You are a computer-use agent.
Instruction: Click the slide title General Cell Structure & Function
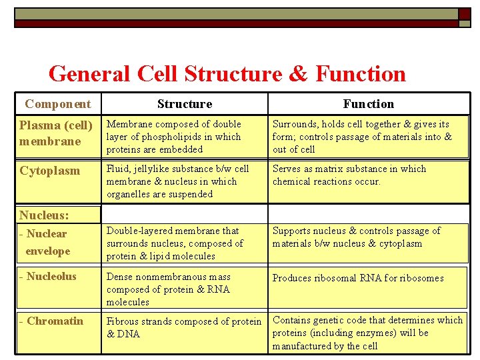(227, 73)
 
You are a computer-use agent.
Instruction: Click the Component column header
(57, 104)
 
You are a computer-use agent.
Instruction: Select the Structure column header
(185, 104)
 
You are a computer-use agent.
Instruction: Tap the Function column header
(368, 104)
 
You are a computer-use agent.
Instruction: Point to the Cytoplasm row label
(49, 171)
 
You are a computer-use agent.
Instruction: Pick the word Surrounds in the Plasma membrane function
(294, 124)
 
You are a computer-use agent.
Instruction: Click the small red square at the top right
(464, 13)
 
